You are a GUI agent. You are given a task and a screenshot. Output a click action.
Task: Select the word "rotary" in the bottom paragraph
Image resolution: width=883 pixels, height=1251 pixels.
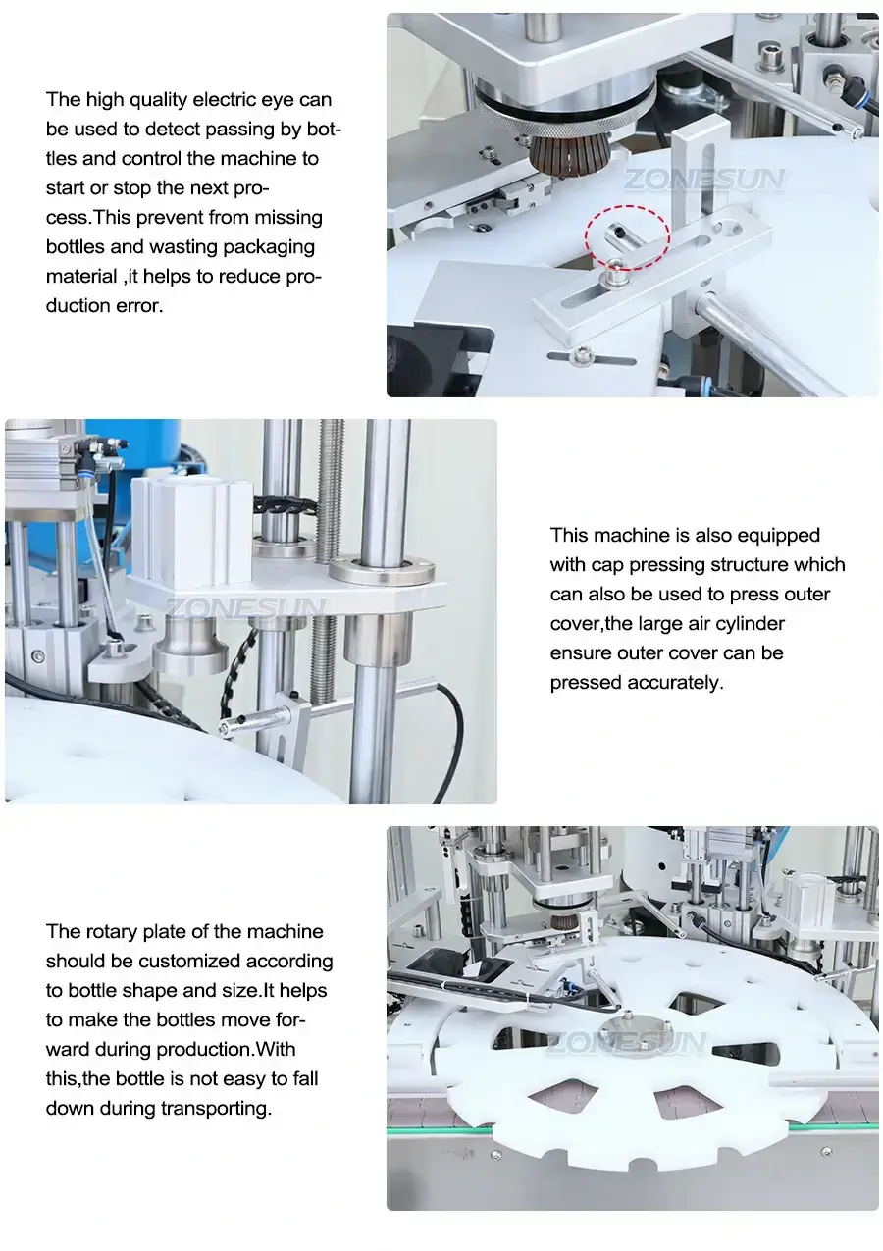[109, 931]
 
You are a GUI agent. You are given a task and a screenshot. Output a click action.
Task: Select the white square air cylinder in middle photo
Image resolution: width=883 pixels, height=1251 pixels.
[192, 534]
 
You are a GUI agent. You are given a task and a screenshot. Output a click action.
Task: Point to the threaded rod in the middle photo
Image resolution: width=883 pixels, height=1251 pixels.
[325, 549]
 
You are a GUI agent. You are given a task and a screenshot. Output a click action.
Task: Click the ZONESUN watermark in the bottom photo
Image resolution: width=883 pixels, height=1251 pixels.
[626, 1043]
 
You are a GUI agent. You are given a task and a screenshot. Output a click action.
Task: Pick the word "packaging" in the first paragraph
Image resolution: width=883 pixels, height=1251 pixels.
[266, 246]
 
